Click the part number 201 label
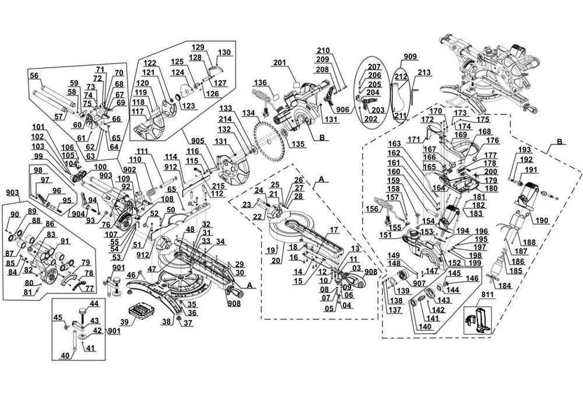click(x=279, y=63)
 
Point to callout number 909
click(x=410, y=57)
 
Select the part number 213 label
click(x=424, y=73)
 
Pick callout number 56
click(x=34, y=75)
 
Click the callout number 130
click(x=224, y=52)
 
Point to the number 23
click(x=247, y=204)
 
